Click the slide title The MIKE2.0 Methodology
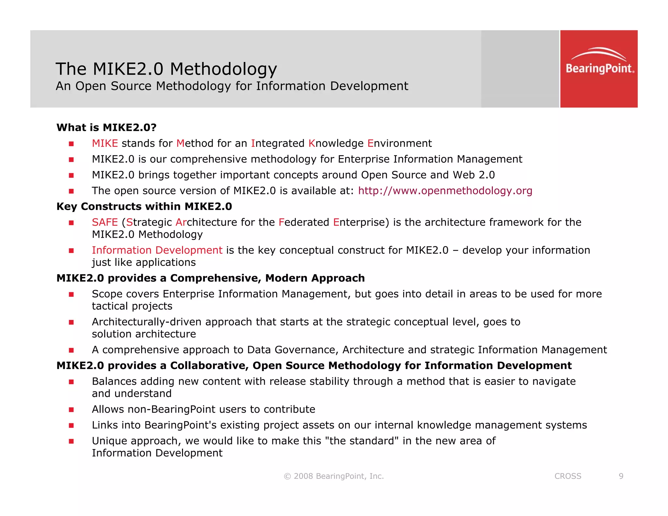(166, 69)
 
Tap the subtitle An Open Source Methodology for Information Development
(232, 86)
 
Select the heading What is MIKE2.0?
(106, 127)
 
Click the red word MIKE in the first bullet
(105, 143)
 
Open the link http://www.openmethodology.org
(445, 190)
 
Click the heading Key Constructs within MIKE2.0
(144, 206)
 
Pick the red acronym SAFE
(105, 222)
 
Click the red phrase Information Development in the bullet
(157, 250)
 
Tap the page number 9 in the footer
(621, 476)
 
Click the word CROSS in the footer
(568, 476)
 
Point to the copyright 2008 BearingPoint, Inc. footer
(334, 476)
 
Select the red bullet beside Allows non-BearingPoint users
(71, 410)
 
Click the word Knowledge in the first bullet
(336, 143)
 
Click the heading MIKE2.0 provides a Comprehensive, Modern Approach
(210, 278)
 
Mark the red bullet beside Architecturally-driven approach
(71, 322)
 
